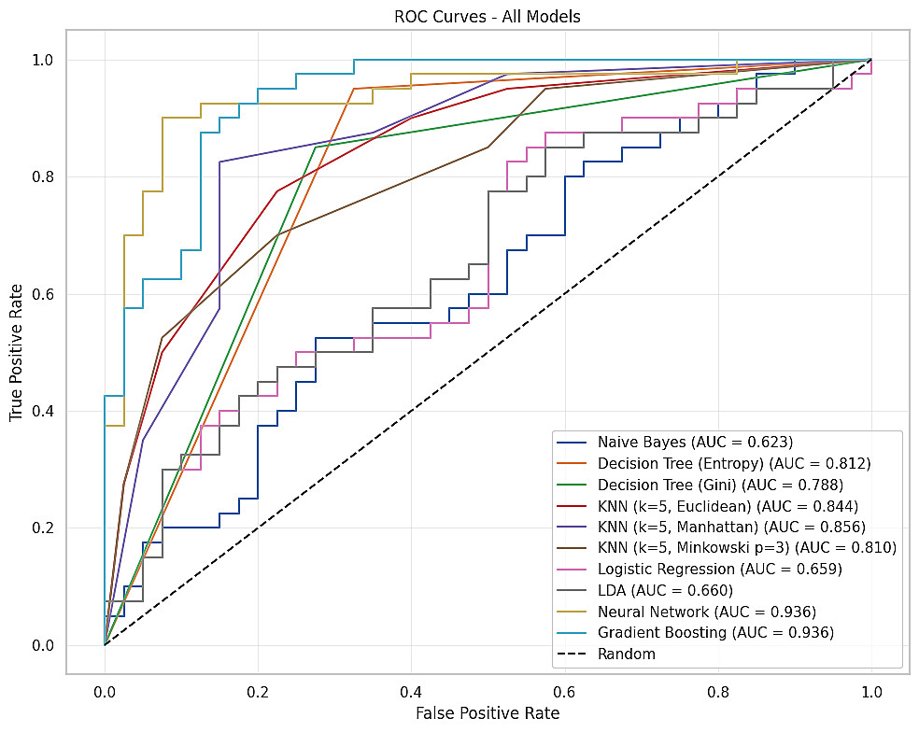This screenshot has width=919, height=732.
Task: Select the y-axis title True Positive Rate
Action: coord(17,352)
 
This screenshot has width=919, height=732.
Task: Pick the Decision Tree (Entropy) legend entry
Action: coord(733,463)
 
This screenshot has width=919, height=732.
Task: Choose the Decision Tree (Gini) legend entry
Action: coord(722,484)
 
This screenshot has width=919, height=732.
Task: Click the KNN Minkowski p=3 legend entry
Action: coord(746,547)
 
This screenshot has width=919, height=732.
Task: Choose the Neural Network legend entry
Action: coord(707,612)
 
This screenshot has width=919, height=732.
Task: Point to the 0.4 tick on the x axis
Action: coord(412,691)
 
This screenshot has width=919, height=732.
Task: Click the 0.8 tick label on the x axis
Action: coord(718,691)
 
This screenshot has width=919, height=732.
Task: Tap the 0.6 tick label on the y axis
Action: coord(43,294)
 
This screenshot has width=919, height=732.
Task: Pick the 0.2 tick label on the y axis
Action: coord(43,528)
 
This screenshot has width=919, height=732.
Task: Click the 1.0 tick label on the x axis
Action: coord(871,691)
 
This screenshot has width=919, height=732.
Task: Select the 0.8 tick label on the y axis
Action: coord(43,176)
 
